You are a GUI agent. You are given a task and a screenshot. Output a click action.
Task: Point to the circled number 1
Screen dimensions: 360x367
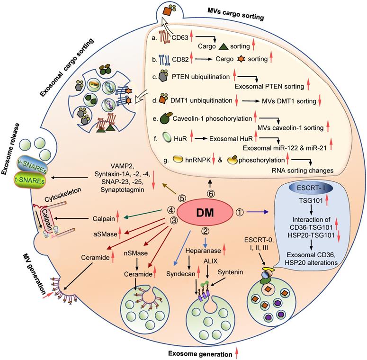pyautogui.click(x=252, y=213)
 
